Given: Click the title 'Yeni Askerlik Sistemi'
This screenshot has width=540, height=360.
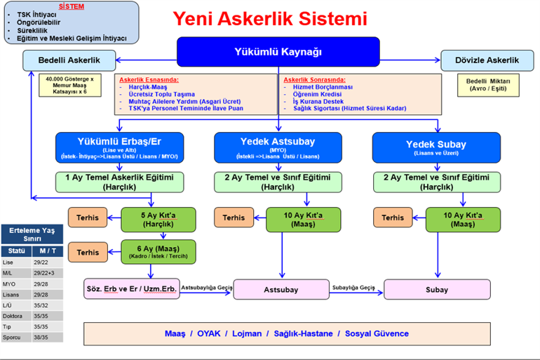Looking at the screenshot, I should click(269, 18).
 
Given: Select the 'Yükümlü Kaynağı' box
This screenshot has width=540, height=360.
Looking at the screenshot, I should click(278, 51).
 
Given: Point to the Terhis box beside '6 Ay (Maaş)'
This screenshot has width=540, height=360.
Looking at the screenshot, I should click(88, 251).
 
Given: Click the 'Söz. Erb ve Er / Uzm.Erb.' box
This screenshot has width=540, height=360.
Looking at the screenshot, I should click(131, 288).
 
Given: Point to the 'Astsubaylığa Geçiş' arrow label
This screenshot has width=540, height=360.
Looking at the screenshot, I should click(206, 287).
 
